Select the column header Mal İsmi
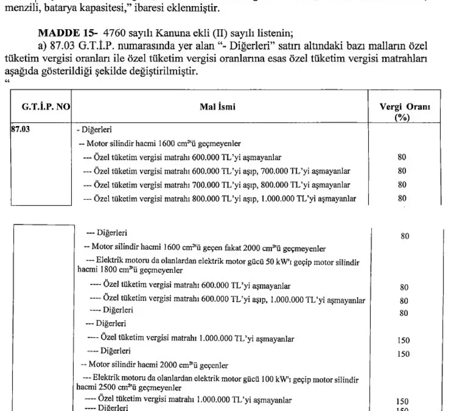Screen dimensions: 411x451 pyautogui.click(x=218, y=107)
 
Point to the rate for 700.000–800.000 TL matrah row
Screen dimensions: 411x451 pyautogui.click(x=402, y=184)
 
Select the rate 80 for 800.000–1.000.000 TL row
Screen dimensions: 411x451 pyautogui.click(x=402, y=198)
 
